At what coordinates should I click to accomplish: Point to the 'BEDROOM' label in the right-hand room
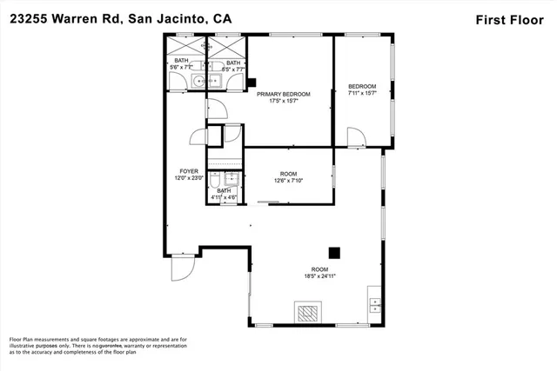[362, 86]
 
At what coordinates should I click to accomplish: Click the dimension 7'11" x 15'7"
[362, 94]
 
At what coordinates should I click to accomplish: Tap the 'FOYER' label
[189, 171]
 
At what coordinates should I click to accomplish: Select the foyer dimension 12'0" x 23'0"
[189, 178]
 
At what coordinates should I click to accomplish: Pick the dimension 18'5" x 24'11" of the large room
[320, 275]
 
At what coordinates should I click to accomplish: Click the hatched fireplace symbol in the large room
[307, 312]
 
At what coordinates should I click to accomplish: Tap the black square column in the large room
[332, 247]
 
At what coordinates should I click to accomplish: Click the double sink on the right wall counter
[376, 305]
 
